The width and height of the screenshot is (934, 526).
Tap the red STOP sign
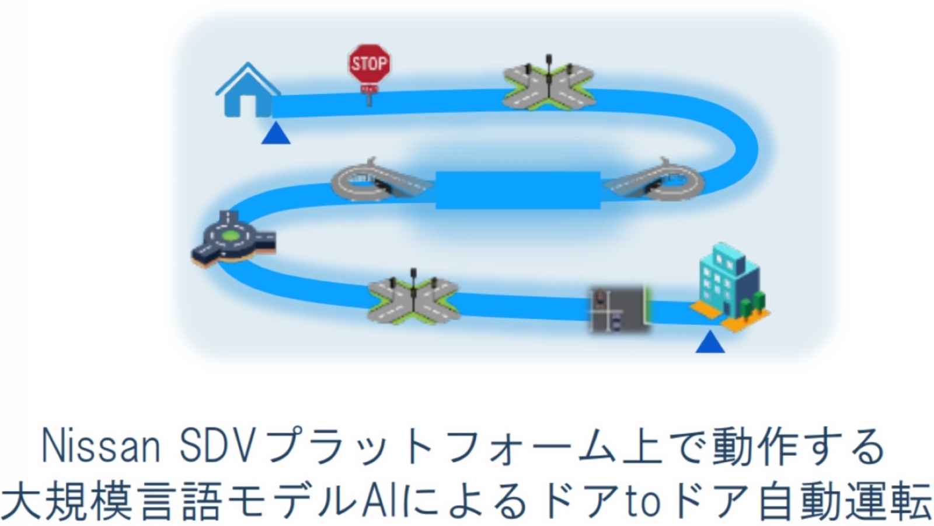pyautogui.click(x=369, y=64)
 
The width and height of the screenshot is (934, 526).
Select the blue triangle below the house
pyautogui.click(x=276, y=136)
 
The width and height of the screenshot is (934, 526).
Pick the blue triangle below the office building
pyautogui.click(x=710, y=343)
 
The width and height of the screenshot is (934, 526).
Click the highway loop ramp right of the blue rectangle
pyautogui.click(x=660, y=182)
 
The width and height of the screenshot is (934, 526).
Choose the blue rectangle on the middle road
pyautogui.click(x=518, y=190)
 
